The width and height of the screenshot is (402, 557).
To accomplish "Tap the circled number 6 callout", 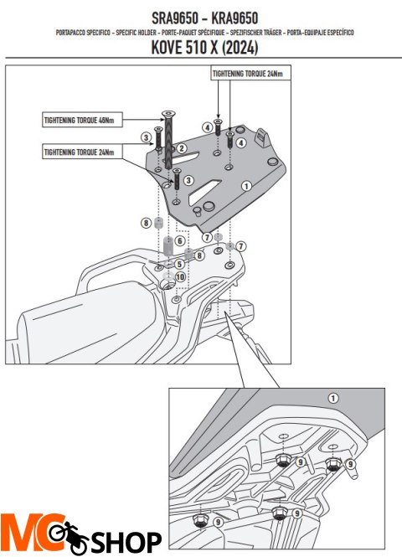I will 178,241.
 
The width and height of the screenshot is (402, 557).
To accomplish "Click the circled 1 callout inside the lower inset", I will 333,398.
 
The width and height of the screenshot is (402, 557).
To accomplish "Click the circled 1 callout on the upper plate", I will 246,185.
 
